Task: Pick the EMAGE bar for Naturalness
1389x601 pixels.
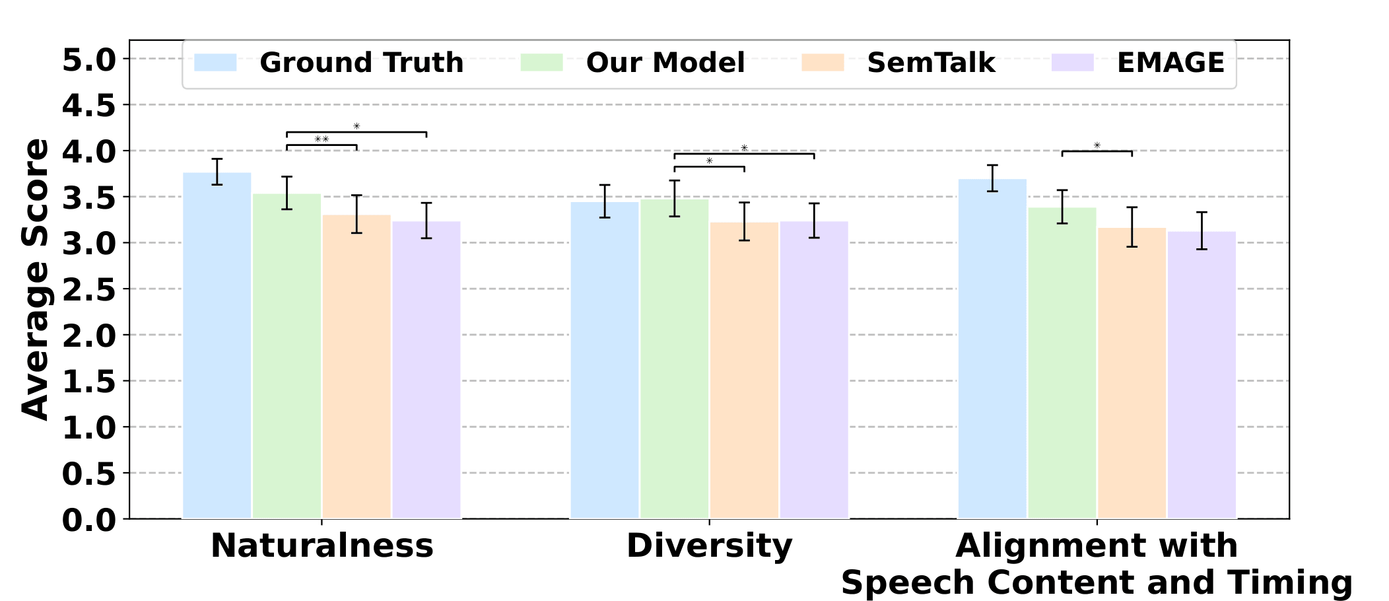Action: (x=426, y=370)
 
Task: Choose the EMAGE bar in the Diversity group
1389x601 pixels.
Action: (x=813, y=370)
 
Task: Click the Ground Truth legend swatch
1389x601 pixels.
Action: (x=215, y=63)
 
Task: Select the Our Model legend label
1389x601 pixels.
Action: (x=665, y=63)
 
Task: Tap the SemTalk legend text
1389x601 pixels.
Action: (x=930, y=63)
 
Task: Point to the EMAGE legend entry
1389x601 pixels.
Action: (x=1170, y=63)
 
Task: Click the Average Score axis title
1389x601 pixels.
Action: (x=36, y=279)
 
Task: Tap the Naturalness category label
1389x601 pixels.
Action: (x=322, y=546)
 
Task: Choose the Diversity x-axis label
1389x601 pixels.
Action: (x=709, y=546)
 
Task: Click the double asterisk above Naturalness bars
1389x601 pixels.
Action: (x=322, y=139)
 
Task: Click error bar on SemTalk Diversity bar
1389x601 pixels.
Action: (x=744, y=221)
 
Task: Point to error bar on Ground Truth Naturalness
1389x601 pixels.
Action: (x=217, y=172)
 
